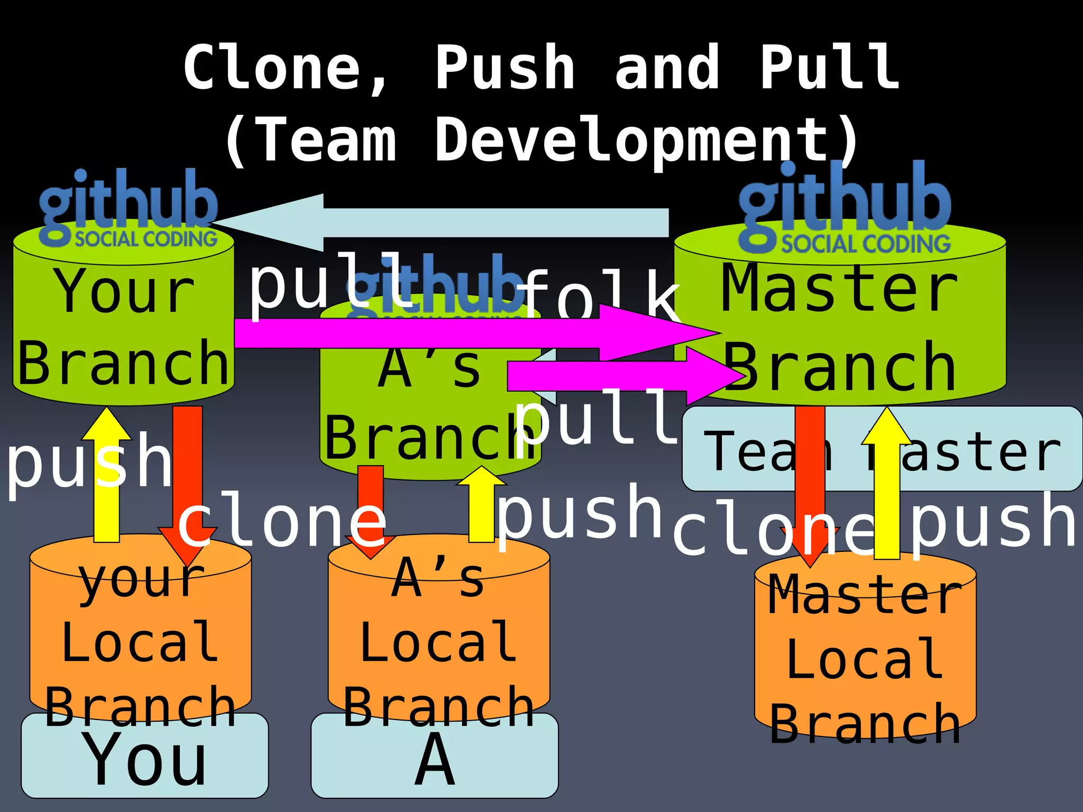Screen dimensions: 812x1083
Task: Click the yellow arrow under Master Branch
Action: pyautogui.click(x=887, y=486)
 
